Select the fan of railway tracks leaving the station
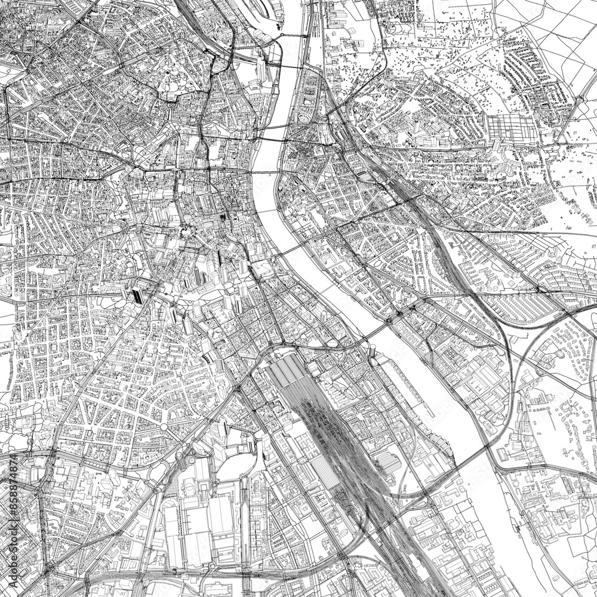[x=322, y=418]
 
